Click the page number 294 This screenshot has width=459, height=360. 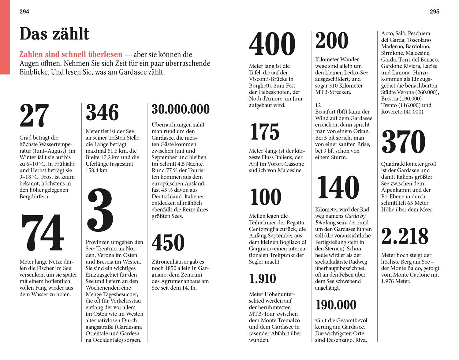pos(24,12)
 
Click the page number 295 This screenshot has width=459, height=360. pos(434,12)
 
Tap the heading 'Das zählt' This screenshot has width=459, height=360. pos(54,34)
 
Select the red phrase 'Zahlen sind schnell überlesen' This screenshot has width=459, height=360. pos(71,55)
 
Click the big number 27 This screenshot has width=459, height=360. pos(34,116)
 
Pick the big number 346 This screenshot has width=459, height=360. pos(102,113)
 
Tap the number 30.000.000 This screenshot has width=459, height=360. pos(181,109)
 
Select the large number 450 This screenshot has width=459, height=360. pos(168,243)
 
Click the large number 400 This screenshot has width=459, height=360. pos(272,44)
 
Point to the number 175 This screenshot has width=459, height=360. pos(265,132)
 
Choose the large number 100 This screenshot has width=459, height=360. pos(266,197)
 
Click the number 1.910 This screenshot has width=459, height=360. pos(263,279)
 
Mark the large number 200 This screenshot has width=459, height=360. pos(332,41)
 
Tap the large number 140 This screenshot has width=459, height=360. pos(338,187)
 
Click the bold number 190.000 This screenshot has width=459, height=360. pos(336,305)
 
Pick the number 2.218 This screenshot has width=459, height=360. pos(405,236)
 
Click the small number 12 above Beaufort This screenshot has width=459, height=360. pos(318,105)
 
